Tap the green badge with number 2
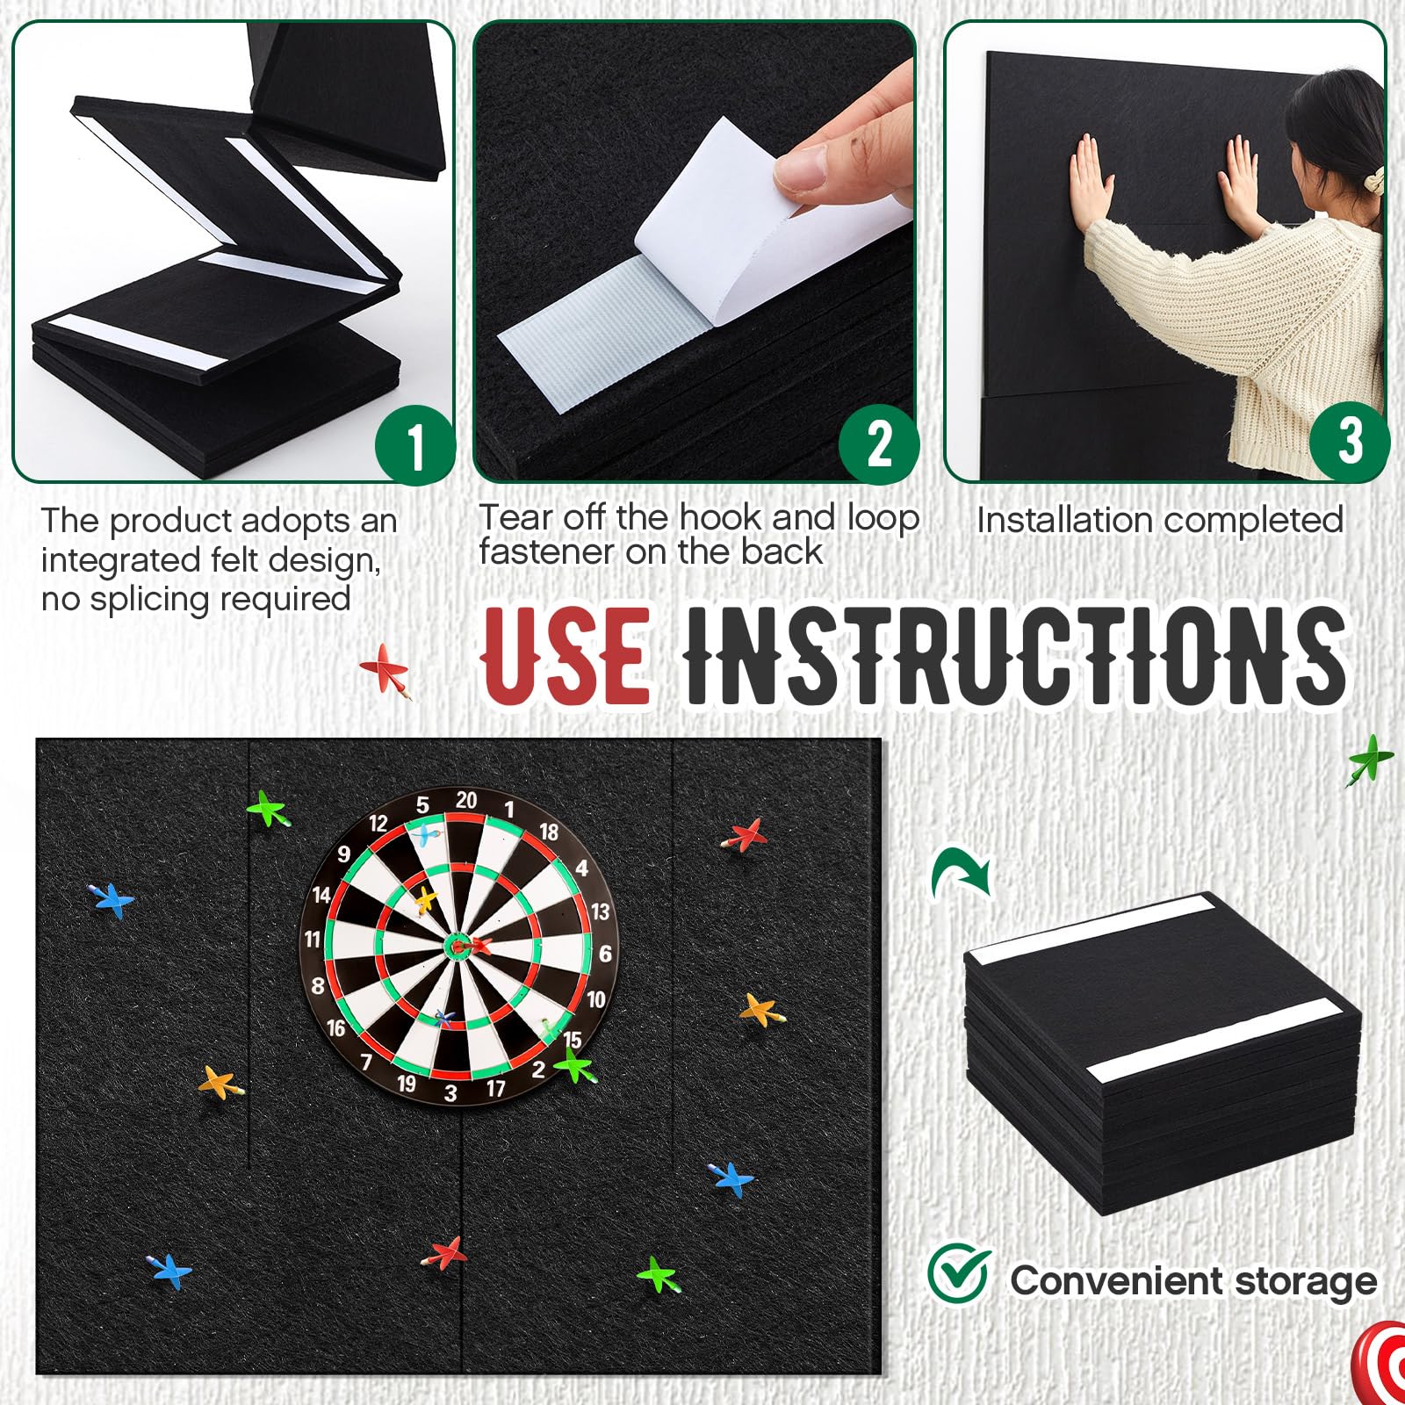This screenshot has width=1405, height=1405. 879,443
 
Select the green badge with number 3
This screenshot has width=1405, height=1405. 1350,440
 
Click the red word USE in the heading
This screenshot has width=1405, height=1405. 567,654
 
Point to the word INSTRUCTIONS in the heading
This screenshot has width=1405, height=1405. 1014,654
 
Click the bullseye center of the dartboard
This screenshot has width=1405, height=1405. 458,946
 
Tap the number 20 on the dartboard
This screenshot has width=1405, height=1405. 466,799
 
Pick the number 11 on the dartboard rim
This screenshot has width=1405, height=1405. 313,940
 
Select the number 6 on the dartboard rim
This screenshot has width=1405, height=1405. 605,954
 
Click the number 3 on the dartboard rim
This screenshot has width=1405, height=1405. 450,1092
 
